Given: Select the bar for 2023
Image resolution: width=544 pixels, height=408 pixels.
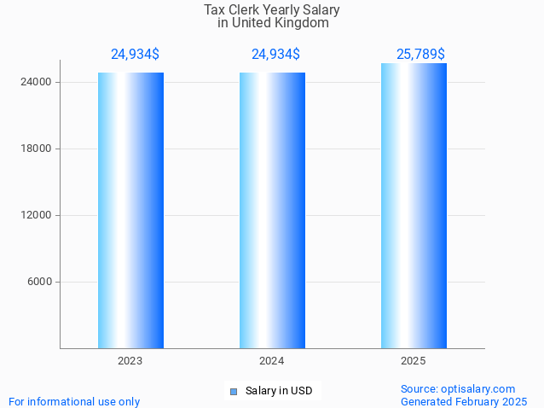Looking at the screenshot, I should tap(130, 210).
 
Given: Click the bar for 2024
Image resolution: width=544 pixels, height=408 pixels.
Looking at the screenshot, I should tap(272, 210).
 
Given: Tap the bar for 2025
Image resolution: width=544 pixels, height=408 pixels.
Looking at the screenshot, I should tap(414, 206).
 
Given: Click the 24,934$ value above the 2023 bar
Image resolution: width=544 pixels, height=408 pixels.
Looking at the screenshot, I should tap(135, 55).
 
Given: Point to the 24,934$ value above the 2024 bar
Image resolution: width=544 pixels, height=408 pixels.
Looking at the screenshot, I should tap(275, 55).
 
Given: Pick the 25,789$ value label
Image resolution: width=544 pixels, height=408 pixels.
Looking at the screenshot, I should tap(420, 55).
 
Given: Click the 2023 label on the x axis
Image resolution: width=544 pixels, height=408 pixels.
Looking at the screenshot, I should tap(130, 362).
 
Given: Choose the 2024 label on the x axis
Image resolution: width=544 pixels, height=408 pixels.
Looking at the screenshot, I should tap(272, 362).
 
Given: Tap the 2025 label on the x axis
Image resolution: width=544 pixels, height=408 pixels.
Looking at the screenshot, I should tap(414, 362).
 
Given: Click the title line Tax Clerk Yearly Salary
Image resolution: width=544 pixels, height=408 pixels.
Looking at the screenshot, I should tap(272, 10).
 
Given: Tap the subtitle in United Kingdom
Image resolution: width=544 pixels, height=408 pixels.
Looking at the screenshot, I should tap(273, 23).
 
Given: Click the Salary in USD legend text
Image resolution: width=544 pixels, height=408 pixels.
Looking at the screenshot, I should tap(279, 392).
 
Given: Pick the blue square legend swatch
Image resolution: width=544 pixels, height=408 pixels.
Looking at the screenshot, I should tap(233, 392).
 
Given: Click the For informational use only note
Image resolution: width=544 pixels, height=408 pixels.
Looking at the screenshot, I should tap(74, 401).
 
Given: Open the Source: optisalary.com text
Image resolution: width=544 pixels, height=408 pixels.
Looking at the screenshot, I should tap(458, 389).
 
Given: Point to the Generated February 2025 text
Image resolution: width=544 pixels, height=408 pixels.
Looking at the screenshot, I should tap(464, 401).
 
